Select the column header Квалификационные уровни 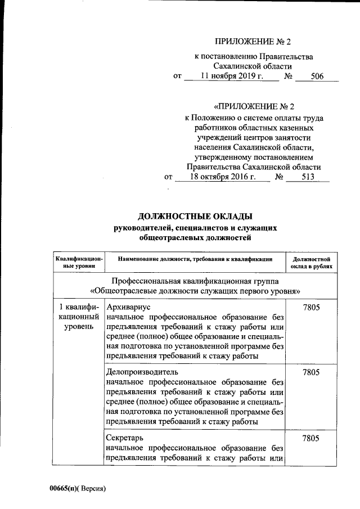tap(79, 262)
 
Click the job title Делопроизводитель tap(142, 372)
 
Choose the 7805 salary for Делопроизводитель tap(311, 372)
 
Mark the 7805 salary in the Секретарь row tap(311, 438)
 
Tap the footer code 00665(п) tap(65, 488)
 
